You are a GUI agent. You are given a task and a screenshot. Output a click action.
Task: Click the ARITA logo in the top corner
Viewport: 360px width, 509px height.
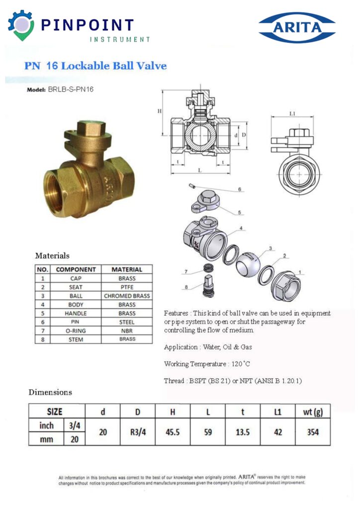tap(297, 28)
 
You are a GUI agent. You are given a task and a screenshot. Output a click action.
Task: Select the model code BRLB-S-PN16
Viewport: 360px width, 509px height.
tap(71, 89)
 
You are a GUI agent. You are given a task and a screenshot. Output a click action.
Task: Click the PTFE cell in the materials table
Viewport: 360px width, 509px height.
tap(127, 287)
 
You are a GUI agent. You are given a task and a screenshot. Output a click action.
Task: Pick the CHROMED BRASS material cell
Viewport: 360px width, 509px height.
tap(127, 296)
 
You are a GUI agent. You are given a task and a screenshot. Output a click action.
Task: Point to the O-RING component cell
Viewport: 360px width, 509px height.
tap(76, 331)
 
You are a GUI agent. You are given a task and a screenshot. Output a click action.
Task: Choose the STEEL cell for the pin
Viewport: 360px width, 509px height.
tap(127, 322)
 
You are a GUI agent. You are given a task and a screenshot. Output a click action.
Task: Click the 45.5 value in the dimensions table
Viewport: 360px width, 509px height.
tap(173, 432)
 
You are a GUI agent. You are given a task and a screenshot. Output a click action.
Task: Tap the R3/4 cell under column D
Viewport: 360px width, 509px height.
tap(138, 432)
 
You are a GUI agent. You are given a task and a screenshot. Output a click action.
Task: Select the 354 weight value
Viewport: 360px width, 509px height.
tap(313, 432)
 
